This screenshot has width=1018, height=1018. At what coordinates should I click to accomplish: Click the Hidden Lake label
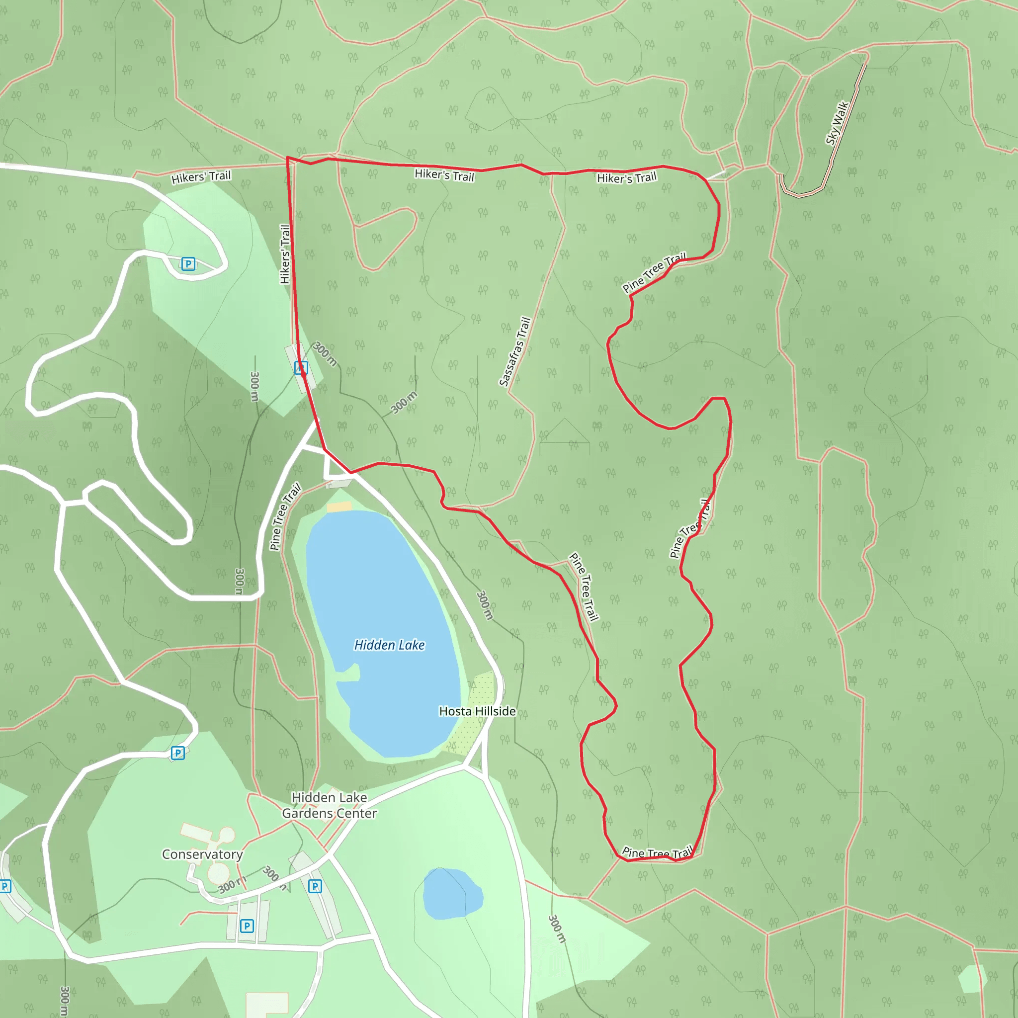tap(389, 645)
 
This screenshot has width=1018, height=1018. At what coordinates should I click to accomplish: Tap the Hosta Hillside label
tap(477, 711)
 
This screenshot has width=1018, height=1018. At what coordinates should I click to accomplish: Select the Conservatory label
tap(202, 854)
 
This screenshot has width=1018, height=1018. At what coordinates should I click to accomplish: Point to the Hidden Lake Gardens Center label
tap(330, 806)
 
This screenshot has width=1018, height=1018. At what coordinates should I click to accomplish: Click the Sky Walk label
tap(837, 123)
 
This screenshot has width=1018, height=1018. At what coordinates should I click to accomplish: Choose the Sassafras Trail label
tap(515, 352)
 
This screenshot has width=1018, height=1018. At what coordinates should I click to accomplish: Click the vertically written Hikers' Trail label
tap(285, 254)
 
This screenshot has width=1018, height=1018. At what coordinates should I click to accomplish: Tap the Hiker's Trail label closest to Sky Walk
tap(626, 177)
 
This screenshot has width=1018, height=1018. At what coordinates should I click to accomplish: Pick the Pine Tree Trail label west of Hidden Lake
tap(284, 516)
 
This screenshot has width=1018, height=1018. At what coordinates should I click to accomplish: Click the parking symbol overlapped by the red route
tap(301, 367)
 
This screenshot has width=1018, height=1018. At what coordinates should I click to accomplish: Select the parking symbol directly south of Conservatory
tap(247, 926)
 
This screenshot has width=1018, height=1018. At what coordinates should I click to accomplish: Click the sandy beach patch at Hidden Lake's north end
tap(339, 507)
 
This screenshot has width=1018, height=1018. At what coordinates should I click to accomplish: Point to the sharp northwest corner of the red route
tap(287, 158)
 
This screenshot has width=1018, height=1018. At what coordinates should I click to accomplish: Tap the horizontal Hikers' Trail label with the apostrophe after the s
tap(201, 177)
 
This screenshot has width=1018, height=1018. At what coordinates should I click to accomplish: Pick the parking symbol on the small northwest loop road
tap(188, 263)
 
